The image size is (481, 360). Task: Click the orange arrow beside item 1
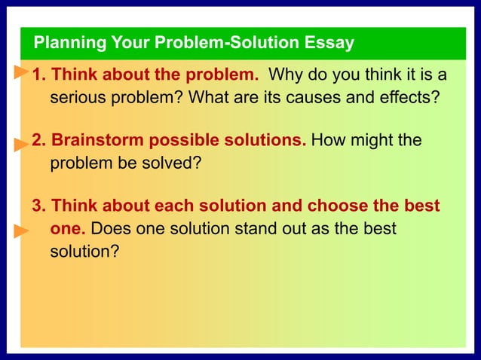(21, 72)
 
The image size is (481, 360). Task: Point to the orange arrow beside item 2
(21, 142)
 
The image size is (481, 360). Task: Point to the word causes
(313, 98)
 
